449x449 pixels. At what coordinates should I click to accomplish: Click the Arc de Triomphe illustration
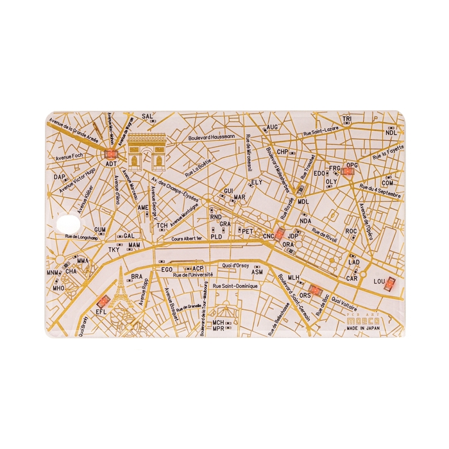tap(146, 151)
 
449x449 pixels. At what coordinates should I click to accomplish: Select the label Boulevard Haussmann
tap(211, 137)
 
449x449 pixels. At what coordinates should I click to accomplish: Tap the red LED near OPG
tap(350, 171)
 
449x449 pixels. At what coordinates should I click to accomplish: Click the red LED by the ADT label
tap(110, 154)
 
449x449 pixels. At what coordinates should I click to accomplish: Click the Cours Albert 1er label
tap(187, 238)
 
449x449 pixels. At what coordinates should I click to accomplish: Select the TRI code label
tap(347, 120)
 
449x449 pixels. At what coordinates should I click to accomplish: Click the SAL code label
tap(147, 117)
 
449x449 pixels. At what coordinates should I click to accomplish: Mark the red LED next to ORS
tap(314, 289)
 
